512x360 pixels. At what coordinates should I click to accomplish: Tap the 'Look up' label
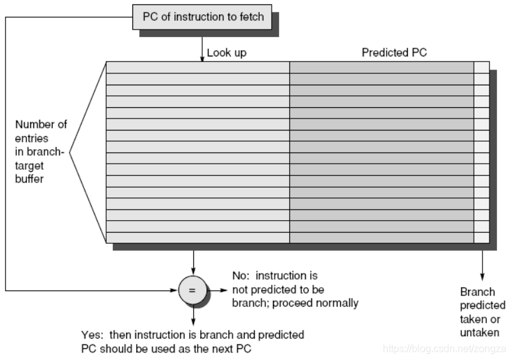pos(227,53)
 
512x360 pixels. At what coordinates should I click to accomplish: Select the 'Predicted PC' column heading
pos(394,53)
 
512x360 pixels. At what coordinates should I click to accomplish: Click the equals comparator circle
pos(193,291)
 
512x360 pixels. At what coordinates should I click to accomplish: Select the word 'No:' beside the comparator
pos(242,276)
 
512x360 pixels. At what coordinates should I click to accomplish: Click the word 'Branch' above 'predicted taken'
pos(477,292)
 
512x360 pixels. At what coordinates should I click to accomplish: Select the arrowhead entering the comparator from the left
pos(175,291)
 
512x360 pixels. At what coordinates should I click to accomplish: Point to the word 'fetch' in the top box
pos(250,17)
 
